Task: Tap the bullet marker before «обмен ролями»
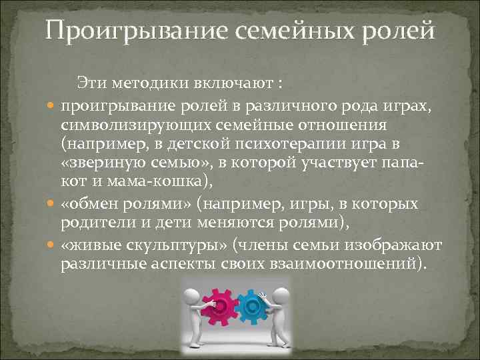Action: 53,204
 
